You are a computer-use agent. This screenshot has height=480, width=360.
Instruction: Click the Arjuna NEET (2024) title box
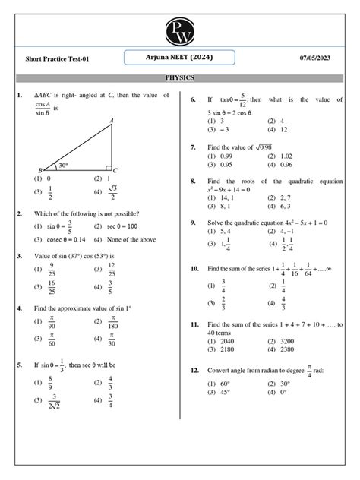point(181,58)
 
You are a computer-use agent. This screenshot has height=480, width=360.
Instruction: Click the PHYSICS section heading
point(180,77)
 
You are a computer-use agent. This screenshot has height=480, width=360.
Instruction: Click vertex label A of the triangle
point(112,121)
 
